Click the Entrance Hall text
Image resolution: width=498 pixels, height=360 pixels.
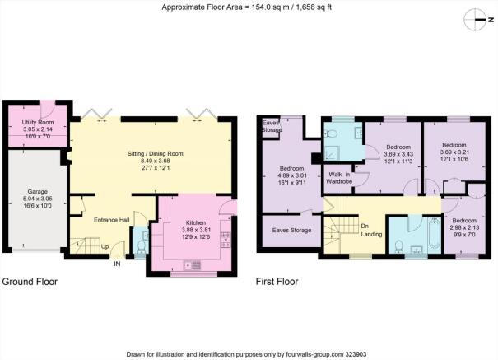coord(111,220)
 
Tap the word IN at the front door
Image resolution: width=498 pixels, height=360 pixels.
coord(117,264)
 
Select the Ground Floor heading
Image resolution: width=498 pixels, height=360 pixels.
coord(30,282)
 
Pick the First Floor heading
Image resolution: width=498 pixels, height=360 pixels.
coord(277,282)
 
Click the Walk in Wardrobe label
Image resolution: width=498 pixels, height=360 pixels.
coord(339,178)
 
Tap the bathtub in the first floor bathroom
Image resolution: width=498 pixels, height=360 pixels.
coord(434,234)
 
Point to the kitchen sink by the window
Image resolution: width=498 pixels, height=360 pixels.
coord(192,265)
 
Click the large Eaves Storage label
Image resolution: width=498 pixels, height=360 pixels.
coord(291,230)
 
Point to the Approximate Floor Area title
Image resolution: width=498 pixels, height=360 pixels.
coord(246,7)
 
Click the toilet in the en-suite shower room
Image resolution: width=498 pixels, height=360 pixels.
coord(331,134)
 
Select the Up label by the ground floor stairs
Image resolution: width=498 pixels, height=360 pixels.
coord(105,246)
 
